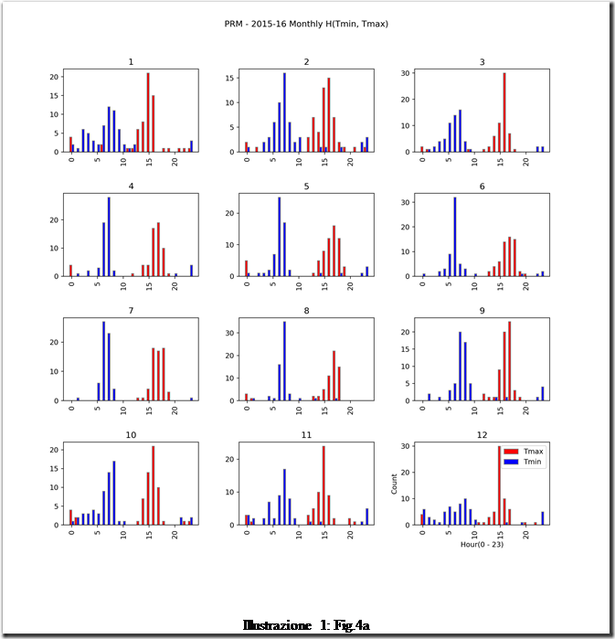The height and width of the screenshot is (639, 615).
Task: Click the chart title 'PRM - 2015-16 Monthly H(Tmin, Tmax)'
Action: [306, 24]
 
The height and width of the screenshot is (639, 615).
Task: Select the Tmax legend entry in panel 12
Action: [521, 452]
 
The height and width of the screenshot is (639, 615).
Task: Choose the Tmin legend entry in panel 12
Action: [521, 462]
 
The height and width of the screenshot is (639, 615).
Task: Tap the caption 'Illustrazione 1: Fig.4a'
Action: [306, 626]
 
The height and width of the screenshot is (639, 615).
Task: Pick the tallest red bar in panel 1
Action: [148, 112]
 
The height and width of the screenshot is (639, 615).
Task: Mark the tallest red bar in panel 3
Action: [504, 112]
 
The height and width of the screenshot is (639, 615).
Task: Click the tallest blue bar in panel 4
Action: [109, 236]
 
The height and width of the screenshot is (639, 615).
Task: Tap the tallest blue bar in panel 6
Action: [455, 236]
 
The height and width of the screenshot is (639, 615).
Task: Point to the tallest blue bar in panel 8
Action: [284, 360]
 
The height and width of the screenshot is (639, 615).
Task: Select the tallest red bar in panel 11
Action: [323, 485]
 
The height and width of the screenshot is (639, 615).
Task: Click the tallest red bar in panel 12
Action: [499, 485]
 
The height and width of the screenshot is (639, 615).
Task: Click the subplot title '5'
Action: [306, 186]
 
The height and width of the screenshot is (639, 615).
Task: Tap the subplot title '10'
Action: [131, 435]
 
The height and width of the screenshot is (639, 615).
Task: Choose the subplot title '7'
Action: [131, 311]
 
